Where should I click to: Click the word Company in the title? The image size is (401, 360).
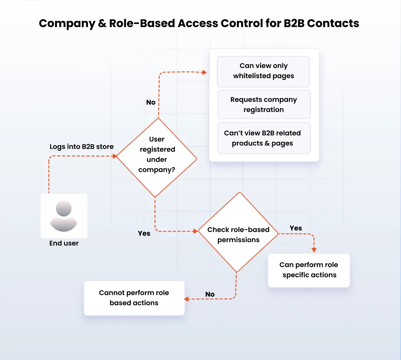pyautogui.click(x=67, y=24)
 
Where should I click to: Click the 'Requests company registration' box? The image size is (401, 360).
pyautogui.click(x=264, y=105)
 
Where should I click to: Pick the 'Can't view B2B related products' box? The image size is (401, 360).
pyautogui.click(x=264, y=138)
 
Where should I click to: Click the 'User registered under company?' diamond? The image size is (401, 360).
pyautogui.click(x=157, y=158)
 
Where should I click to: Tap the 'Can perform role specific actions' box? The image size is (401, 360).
pyautogui.click(x=309, y=270)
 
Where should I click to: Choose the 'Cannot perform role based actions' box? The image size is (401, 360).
pyautogui.click(x=134, y=298)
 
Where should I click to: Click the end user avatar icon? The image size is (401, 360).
pyautogui.click(x=64, y=216)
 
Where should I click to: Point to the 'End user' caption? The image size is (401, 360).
pyautogui.click(x=64, y=243)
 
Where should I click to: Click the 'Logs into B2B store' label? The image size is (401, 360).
pyautogui.click(x=82, y=147)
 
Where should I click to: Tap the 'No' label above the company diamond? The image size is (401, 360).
pyautogui.click(x=151, y=102)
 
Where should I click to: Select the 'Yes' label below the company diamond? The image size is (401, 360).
pyautogui.click(x=144, y=233)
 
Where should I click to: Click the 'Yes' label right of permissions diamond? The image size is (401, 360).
pyautogui.click(x=296, y=228)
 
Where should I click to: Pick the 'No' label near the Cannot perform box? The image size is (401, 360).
pyautogui.click(x=210, y=294)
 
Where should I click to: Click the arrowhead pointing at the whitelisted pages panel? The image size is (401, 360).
pyautogui.click(x=204, y=72)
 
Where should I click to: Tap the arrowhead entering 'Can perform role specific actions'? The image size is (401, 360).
pyautogui.click(x=314, y=250)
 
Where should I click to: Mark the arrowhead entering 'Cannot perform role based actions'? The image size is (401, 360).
pyautogui.click(x=186, y=299)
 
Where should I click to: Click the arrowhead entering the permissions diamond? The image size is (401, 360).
pyautogui.click(x=195, y=231)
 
